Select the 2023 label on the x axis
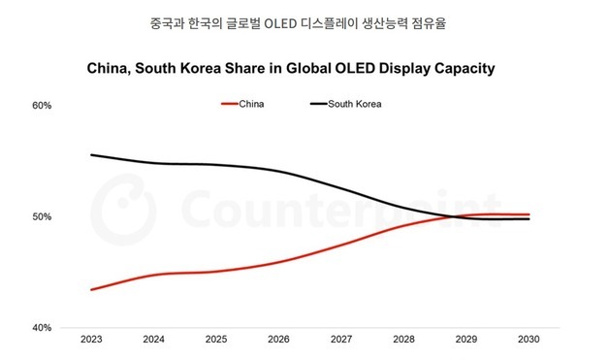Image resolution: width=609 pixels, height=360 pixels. pyautogui.click(x=92, y=341)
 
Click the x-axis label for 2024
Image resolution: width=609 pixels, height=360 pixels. pyautogui.click(x=154, y=341)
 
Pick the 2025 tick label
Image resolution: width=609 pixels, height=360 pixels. pyautogui.click(x=216, y=341)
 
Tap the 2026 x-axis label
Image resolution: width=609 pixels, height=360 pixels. pyautogui.click(x=279, y=341)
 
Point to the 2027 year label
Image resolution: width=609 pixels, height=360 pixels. pyautogui.click(x=341, y=341)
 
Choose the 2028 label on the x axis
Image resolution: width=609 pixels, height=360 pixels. pyautogui.click(x=403, y=341)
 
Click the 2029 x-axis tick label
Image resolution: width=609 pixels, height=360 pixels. pyautogui.click(x=466, y=341)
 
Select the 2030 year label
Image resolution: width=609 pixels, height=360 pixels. pyautogui.click(x=529, y=341)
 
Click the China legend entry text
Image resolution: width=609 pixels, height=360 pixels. pyautogui.click(x=251, y=104)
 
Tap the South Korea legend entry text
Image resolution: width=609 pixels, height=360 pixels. pyautogui.click(x=356, y=104)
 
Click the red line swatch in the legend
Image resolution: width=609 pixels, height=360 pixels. pyautogui.click(x=229, y=104)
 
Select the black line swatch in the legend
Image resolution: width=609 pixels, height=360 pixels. pyautogui.click(x=318, y=104)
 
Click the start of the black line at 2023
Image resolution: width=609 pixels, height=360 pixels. pyautogui.click(x=91, y=155)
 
